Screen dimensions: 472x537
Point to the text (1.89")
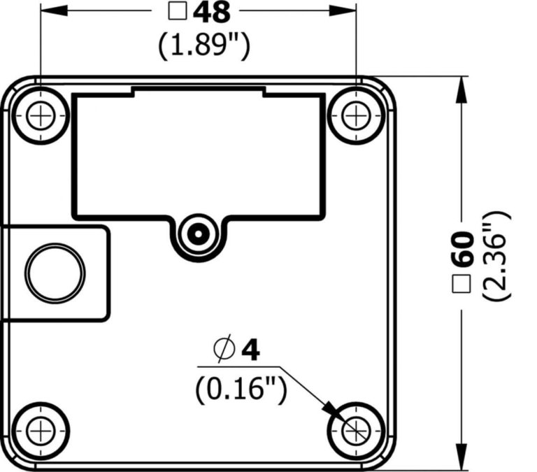tap(203, 45)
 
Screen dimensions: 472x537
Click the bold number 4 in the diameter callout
tap(250, 350)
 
